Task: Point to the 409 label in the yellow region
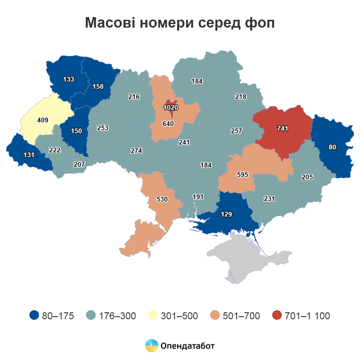(43, 121)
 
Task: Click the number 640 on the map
(168, 124)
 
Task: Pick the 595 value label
(243, 175)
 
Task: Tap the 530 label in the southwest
(162, 199)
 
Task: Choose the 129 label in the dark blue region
(226, 214)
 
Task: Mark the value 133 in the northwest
(68, 79)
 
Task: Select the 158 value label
(98, 86)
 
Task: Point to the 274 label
(136, 151)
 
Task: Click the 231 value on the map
(269, 199)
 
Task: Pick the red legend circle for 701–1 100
(276, 316)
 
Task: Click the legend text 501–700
(240, 316)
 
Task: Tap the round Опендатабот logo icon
(151, 345)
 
